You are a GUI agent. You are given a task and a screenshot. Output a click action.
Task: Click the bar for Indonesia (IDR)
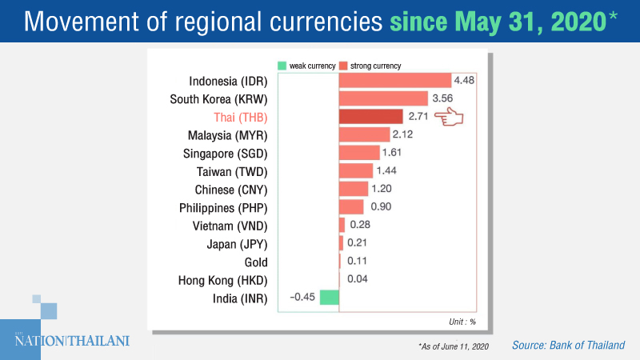coord(395,80)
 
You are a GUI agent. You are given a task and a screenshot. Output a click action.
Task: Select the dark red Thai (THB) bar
coord(370,117)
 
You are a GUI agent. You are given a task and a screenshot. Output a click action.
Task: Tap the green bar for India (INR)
coord(330,298)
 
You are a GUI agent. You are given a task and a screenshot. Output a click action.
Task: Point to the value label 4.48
coord(465,80)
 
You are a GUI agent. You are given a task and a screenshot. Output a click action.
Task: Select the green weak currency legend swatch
coord(282,64)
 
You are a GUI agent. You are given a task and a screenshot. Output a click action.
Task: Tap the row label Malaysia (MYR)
coord(227,135)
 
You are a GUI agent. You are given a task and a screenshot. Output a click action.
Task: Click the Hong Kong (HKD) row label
coord(222,280)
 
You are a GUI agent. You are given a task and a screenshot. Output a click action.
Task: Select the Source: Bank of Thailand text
coord(570,344)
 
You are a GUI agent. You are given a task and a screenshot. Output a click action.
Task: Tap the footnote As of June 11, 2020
coord(453,345)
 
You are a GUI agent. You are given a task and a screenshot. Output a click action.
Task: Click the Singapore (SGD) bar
coord(359,153)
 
